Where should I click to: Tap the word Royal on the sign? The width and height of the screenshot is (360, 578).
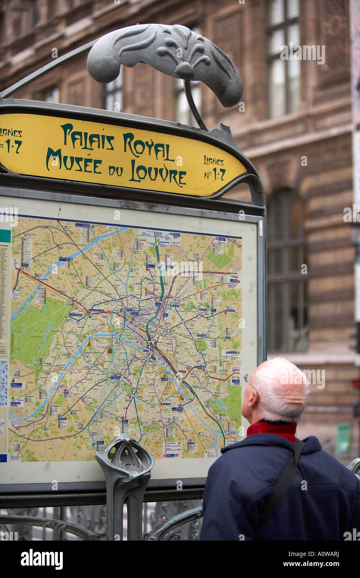pos(148,147)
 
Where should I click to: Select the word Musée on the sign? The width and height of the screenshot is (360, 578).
pos(74,162)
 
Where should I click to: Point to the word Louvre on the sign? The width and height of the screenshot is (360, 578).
pos(157,173)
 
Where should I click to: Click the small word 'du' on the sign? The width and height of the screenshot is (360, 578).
pos(116,170)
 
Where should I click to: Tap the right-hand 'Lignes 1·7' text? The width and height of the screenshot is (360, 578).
pos(214,168)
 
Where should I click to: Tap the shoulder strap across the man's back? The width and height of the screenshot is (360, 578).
pos(285,478)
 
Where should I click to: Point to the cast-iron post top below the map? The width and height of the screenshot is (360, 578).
pos(125,457)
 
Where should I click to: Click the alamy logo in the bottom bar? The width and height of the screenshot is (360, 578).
pos(42,559)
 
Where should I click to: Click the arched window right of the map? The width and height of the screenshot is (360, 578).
pos(287,270)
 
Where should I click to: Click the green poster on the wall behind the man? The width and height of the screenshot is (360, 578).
pos(343,439)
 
